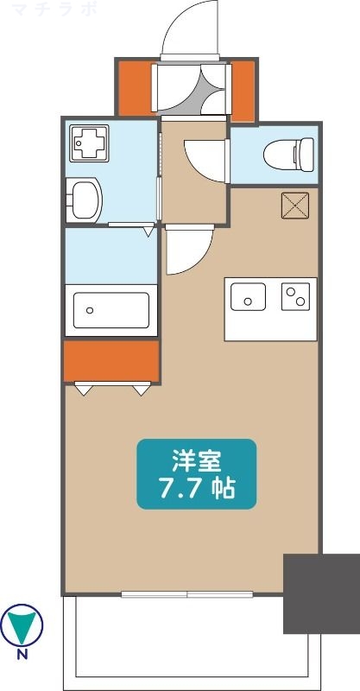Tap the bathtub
111,309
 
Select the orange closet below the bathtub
111,360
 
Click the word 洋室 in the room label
197,459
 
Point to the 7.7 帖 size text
197,489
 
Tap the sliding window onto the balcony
186,594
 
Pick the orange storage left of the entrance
135,90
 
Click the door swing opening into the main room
188,248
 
